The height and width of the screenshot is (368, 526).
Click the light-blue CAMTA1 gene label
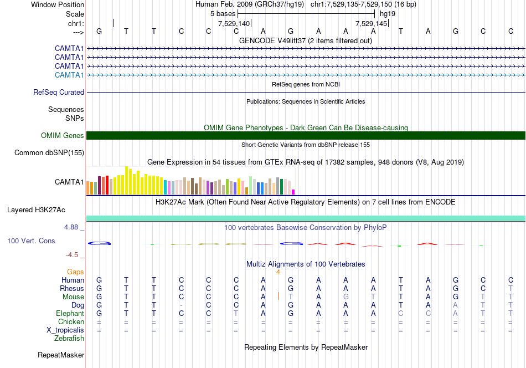point(69,75)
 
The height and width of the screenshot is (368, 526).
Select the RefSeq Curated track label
point(59,92)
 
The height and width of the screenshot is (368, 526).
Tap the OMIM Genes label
point(63,135)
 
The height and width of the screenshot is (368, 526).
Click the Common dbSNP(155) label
point(49,152)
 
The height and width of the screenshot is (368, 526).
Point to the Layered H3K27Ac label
point(36,210)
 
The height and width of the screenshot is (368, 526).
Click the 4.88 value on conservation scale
point(71,227)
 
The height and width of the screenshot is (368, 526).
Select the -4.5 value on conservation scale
point(72,255)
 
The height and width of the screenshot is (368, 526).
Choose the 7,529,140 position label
point(234,23)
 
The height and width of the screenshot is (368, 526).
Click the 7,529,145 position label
point(372,23)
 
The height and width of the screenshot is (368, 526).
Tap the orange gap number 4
point(278,272)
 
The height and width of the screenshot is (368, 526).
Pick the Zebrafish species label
point(69,338)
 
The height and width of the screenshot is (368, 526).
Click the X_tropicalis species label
point(65,330)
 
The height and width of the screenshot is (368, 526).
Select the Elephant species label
point(70,313)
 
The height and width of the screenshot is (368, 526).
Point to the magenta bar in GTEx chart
point(293,192)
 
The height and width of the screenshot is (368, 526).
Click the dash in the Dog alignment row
point(181,305)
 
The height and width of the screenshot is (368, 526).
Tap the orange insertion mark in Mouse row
point(278,296)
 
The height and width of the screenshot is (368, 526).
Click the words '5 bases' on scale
point(223,14)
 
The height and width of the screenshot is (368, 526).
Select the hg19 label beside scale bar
point(388,14)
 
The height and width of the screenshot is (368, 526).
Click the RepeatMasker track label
point(61,355)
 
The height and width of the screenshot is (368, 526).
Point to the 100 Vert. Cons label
point(31,241)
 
